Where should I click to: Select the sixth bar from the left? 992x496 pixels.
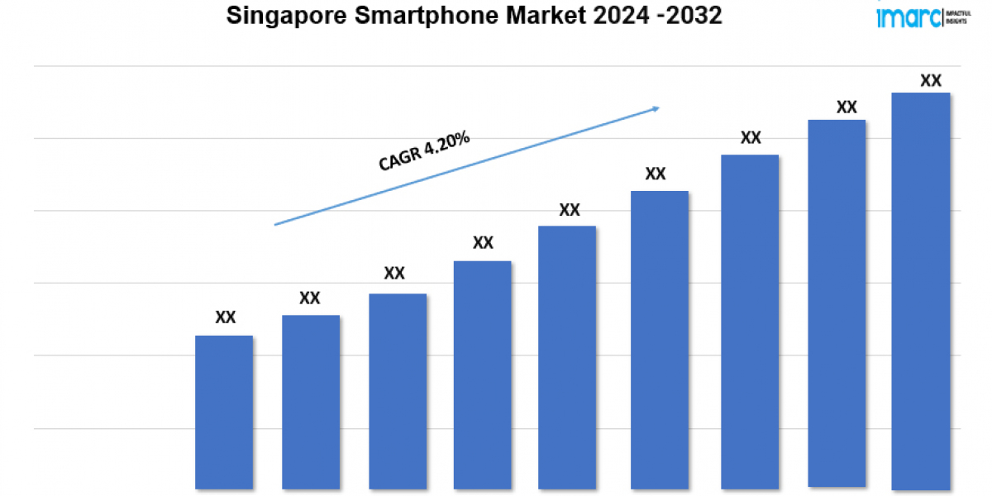pyautogui.click(x=660, y=340)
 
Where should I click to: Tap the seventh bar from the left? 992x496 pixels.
pyautogui.click(x=750, y=322)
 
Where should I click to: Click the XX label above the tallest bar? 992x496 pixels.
pyautogui.click(x=931, y=81)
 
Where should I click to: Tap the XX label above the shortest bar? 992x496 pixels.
pyautogui.click(x=226, y=317)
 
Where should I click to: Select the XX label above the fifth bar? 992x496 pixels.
pyautogui.click(x=570, y=210)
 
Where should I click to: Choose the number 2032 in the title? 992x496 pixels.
pyautogui.click(x=699, y=16)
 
